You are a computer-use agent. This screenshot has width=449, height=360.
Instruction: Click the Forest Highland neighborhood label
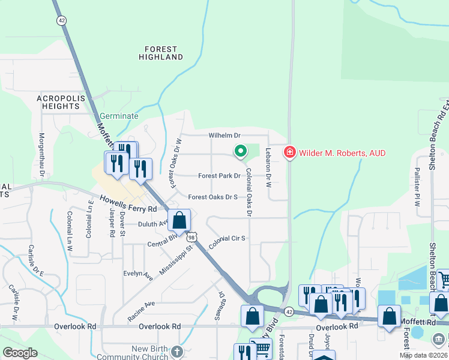point(160,53)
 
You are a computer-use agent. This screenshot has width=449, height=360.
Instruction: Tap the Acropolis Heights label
point(58,101)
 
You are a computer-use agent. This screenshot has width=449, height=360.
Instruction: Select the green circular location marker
point(240,151)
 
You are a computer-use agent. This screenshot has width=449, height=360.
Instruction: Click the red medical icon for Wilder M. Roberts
point(289,153)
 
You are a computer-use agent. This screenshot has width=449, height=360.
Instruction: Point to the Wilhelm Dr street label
point(224,136)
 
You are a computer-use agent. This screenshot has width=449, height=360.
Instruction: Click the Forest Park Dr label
point(219,176)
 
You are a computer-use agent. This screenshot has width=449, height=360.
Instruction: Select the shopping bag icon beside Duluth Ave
point(179,220)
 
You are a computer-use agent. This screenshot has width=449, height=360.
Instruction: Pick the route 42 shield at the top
point(62,20)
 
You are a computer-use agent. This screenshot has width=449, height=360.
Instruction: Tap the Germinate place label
point(119,116)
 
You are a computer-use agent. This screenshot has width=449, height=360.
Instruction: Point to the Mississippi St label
point(175,260)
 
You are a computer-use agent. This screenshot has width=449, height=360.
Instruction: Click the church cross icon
point(176,350)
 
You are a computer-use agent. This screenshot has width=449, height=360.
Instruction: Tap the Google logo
point(19,353)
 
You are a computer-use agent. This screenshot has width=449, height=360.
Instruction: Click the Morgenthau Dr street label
point(43,155)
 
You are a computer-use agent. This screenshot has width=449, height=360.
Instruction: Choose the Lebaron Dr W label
point(268,166)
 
